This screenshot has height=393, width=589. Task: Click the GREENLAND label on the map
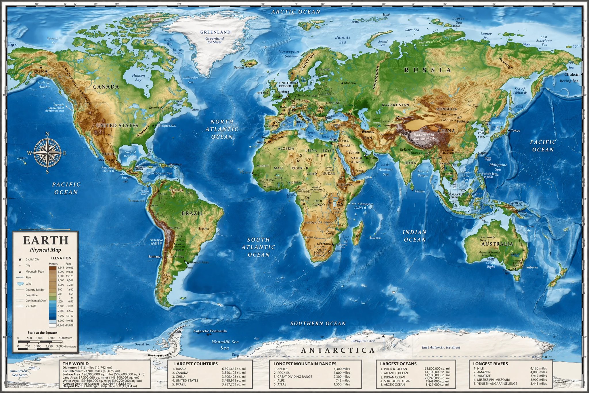(x=215, y=32)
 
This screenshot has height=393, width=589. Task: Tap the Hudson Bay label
(x=138, y=77)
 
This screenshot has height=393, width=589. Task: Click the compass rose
(x=47, y=153)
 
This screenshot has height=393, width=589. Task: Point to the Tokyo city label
(x=515, y=131)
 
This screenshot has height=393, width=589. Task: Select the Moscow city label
(x=350, y=83)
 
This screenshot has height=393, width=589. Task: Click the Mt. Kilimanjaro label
(x=362, y=204)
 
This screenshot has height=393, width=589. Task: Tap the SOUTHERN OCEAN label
(x=318, y=323)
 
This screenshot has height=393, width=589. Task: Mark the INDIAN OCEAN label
(x=414, y=236)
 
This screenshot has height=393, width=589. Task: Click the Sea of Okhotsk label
(x=520, y=91)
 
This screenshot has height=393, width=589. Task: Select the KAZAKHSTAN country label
(x=395, y=105)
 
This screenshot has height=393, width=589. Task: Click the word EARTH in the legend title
(x=45, y=240)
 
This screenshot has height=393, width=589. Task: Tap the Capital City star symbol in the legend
(x=20, y=259)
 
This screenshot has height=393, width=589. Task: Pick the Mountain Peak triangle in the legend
(x=20, y=272)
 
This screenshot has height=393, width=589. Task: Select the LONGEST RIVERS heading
(x=490, y=364)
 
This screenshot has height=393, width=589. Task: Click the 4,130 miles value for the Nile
(x=538, y=368)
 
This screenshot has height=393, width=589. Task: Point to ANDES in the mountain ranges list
(x=282, y=369)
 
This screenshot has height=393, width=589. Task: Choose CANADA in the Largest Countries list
(x=182, y=373)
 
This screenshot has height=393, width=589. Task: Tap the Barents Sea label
(x=343, y=40)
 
